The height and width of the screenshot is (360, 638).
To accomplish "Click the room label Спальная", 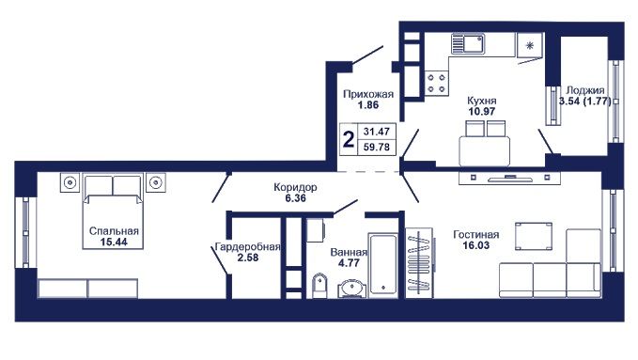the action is tap(114, 231).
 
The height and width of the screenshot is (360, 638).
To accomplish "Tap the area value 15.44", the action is tap(114, 242).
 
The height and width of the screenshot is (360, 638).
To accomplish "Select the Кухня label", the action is tap(482, 101).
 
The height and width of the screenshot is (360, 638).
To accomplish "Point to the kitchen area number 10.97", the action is tap(482, 111).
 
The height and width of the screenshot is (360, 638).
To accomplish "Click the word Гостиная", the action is tap(476, 235).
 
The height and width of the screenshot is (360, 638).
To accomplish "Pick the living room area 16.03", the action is tap(476, 245).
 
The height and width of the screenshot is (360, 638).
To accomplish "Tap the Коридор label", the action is tap(295, 187).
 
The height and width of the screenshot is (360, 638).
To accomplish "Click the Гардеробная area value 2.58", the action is tap(248, 258).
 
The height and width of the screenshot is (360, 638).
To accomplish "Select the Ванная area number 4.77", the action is tap(349, 263).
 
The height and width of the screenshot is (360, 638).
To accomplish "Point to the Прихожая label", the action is tap(368, 95).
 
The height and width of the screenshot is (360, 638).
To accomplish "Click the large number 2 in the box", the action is tap(349, 139).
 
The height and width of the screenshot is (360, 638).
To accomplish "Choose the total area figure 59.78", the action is tap(377, 147).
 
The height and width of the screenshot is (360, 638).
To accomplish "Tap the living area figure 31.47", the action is tap(377, 132).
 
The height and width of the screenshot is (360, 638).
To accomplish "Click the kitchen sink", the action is tap(468, 43).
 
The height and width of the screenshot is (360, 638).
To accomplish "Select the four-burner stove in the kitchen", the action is tap(437, 83).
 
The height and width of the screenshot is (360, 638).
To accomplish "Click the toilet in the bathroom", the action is tap(319, 286).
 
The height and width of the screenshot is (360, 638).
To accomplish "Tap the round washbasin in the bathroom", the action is tap(352, 289).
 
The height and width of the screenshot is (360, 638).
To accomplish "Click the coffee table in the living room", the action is tap(534, 236).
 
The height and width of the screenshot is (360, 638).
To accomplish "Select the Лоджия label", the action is tap(585, 90).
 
